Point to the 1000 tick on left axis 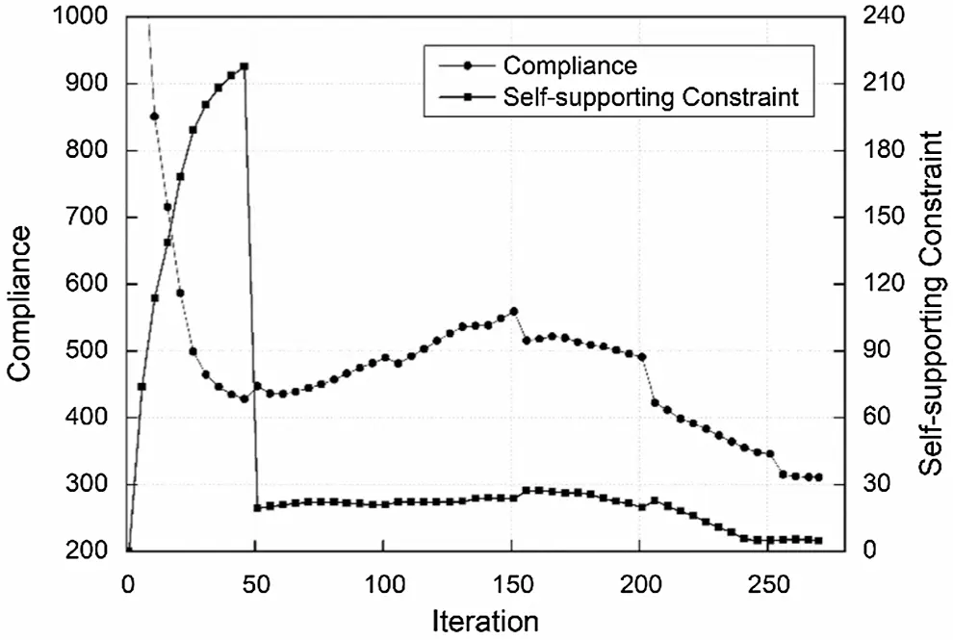coord(80,18)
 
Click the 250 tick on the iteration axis coord(767,584)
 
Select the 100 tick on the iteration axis coord(383,584)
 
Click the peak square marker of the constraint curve coord(244,66)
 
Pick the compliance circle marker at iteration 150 coord(513,311)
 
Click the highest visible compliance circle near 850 coord(154,116)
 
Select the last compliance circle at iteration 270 coord(818,477)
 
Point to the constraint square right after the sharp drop coord(258,507)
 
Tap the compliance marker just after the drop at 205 coord(655,402)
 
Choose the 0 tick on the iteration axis coord(128,584)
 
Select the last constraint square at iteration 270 coord(818,541)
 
